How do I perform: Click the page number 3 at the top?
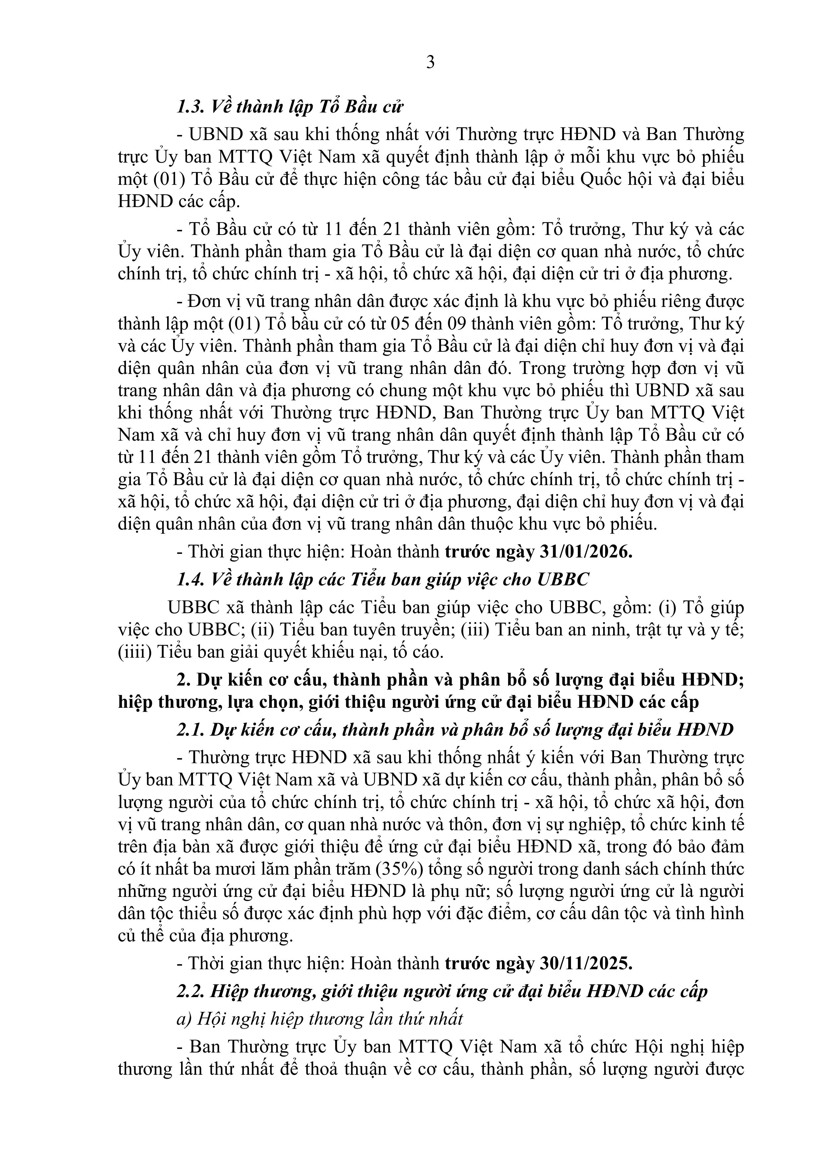430,63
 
